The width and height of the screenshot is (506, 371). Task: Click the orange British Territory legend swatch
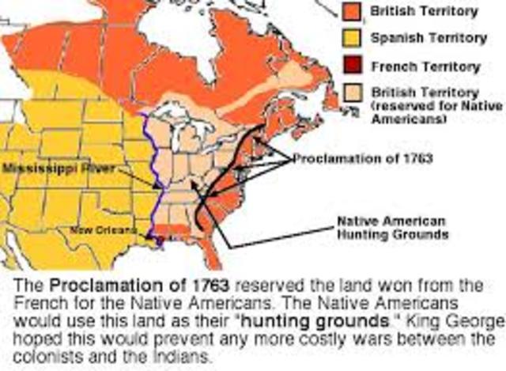[352, 12]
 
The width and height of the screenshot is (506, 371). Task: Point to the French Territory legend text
[417, 66]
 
